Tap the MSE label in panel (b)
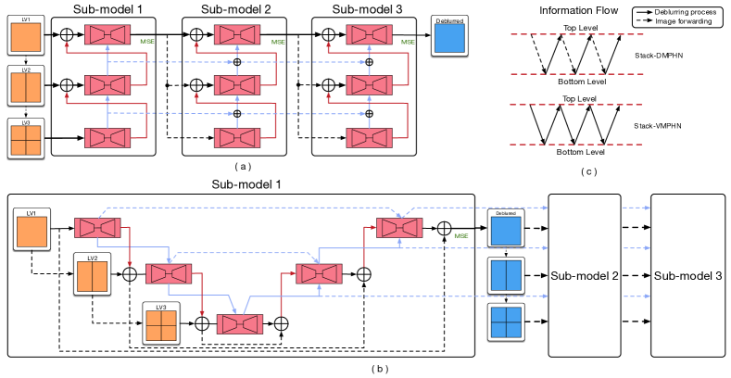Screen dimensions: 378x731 click(x=460, y=237)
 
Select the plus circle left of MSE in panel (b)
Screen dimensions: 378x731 click(x=445, y=228)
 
